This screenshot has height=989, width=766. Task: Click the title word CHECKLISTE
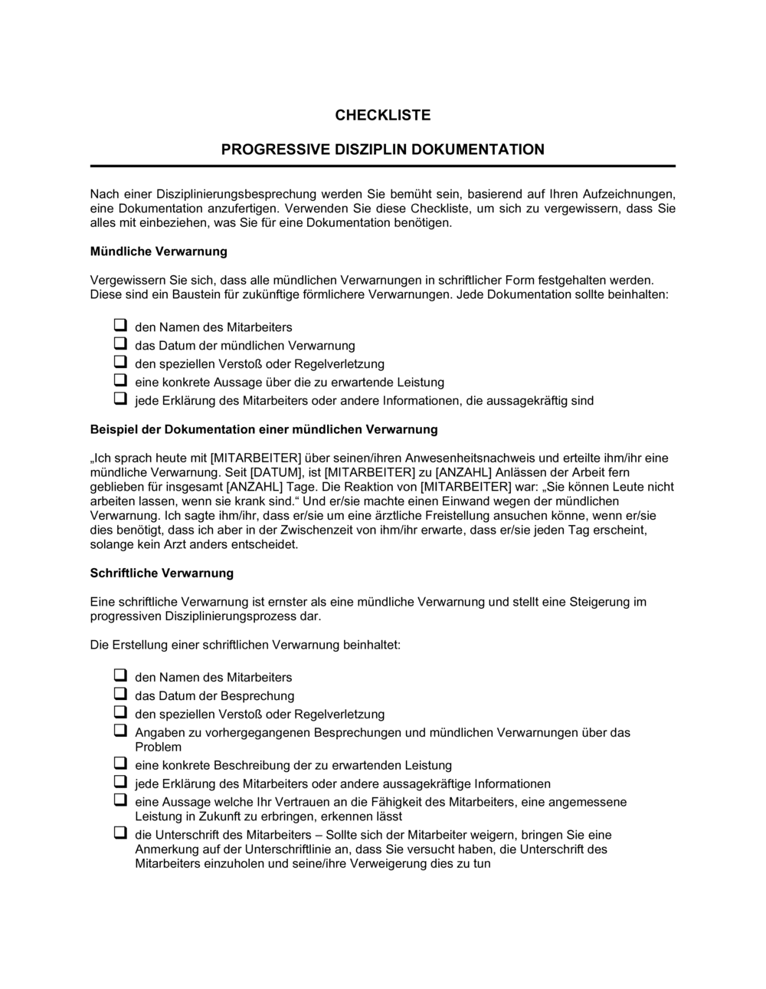point(382,115)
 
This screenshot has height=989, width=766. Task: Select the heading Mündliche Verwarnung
point(159,251)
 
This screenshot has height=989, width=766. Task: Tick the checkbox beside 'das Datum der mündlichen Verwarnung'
point(120,344)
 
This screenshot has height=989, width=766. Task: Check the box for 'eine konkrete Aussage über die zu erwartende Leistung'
point(120,381)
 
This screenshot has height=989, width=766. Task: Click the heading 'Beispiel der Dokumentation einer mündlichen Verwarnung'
point(264,429)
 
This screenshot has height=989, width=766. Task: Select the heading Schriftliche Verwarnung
point(162,573)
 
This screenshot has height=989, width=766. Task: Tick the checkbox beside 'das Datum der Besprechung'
point(120,695)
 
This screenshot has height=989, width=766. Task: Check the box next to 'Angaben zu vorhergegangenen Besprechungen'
point(120,731)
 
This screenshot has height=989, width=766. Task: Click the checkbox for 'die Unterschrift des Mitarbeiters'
point(120,833)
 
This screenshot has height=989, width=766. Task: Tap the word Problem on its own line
point(159,747)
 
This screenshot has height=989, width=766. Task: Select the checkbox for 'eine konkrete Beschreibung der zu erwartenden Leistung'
point(120,764)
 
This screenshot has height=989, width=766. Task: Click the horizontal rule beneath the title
point(382,166)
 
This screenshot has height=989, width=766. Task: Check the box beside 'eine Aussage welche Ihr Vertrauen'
point(120,800)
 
